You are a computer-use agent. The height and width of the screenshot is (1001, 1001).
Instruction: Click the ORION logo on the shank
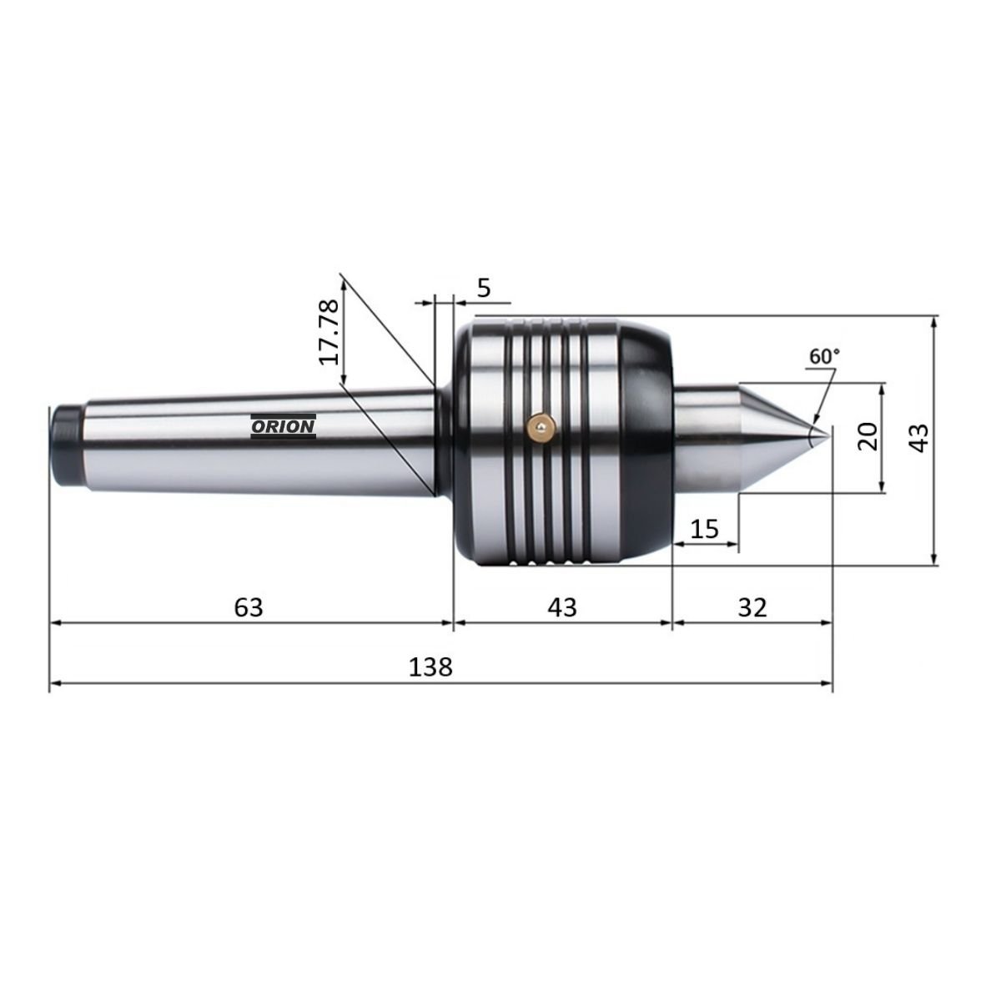[x=283, y=426]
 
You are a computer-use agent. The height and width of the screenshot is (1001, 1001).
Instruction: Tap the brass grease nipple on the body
[x=541, y=427]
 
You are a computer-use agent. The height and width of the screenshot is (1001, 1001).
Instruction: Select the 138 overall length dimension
[x=430, y=667]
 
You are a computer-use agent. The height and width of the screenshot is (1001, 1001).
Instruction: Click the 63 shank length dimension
[x=249, y=607]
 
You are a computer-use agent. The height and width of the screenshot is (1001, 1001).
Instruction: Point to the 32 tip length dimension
[x=752, y=607]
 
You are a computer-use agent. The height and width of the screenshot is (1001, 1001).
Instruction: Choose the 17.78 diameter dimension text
[x=329, y=333]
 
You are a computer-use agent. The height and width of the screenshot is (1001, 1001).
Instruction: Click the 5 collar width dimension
[x=484, y=288]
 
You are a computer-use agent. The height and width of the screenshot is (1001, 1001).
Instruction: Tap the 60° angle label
[x=824, y=356]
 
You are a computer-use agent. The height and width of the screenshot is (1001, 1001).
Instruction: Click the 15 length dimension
[x=705, y=530]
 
